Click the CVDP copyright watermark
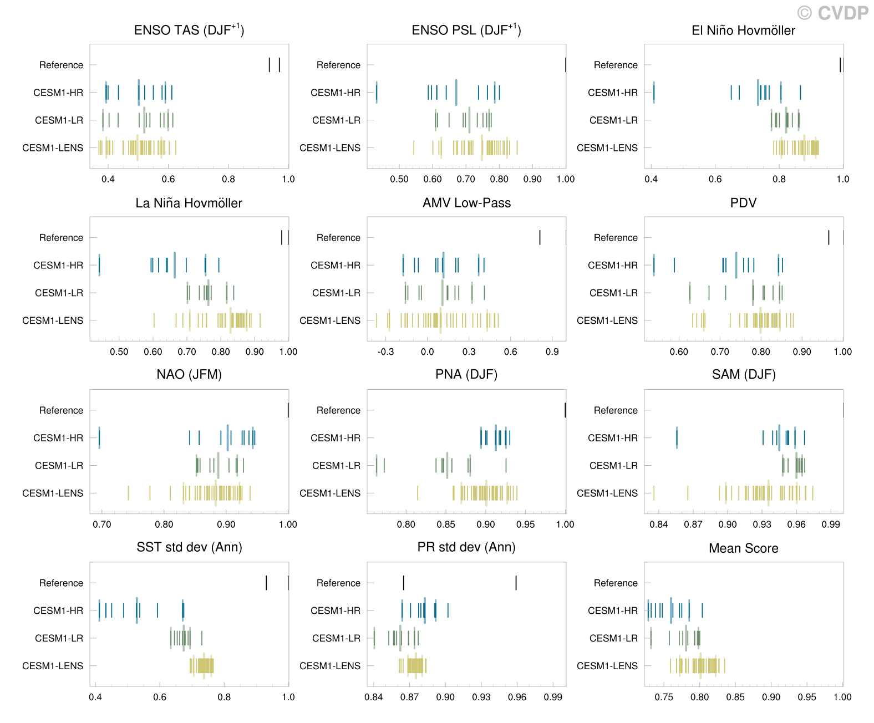(x=833, y=12)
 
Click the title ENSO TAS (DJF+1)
(x=189, y=30)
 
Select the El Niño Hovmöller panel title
(x=744, y=30)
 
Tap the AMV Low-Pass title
(x=466, y=203)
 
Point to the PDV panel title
(x=744, y=203)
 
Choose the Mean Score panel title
(x=744, y=548)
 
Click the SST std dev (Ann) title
(x=189, y=548)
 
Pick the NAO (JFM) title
(x=189, y=375)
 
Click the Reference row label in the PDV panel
(x=616, y=238)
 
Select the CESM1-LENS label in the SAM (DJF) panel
(x=607, y=493)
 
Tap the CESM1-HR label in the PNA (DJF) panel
(x=336, y=438)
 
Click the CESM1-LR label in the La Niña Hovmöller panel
(x=59, y=293)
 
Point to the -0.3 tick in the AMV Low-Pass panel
(x=385, y=352)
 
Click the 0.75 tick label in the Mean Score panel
(x=664, y=697)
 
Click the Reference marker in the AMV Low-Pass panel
(x=540, y=238)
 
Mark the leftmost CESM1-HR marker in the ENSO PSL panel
(x=377, y=92)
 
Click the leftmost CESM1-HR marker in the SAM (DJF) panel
(x=677, y=437)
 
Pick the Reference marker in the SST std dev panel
(x=267, y=583)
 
